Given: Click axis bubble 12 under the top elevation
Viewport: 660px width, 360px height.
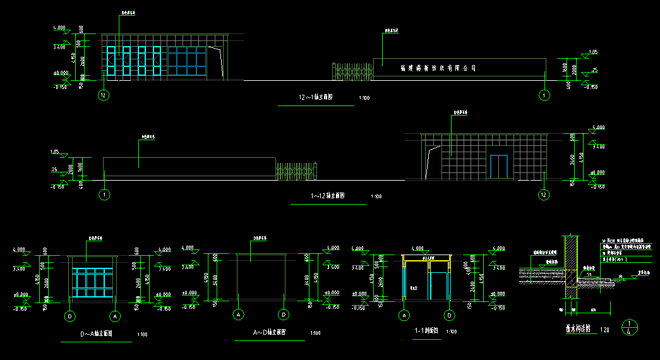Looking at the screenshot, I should [x=104, y=95].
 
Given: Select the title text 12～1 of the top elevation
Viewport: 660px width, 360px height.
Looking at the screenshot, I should [x=315, y=98].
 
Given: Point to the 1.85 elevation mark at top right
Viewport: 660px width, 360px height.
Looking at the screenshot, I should [x=592, y=52].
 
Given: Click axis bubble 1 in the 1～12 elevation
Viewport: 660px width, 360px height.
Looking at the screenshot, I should [x=104, y=195].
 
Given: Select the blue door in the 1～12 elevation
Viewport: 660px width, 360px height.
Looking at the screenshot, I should [x=499, y=165].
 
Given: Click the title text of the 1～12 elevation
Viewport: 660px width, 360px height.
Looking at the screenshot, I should [x=327, y=196].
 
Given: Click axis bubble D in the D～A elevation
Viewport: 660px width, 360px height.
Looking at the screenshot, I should [x=69, y=315].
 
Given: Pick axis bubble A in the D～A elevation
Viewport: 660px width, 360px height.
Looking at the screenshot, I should [x=115, y=315].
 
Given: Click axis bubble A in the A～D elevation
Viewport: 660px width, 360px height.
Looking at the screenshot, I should [x=239, y=315].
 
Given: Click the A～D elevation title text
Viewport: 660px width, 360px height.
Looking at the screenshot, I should [x=268, y=332].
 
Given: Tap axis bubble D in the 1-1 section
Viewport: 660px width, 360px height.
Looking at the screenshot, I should [x=449, y=315].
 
